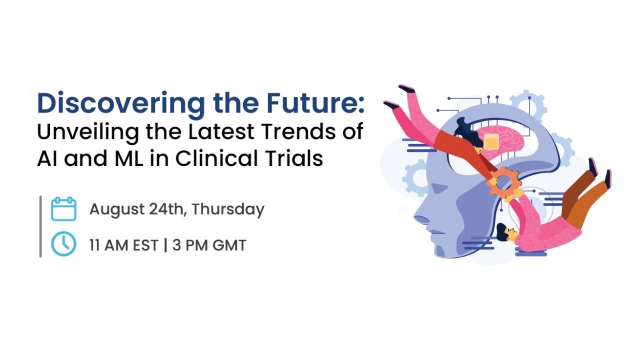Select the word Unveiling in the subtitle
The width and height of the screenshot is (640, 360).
[88, 132]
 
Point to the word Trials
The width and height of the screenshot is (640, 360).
[294, 158]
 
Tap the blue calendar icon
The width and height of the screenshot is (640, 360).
[63, 209]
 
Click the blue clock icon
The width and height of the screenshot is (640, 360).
[63, 243]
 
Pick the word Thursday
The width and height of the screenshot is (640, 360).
[228, 209]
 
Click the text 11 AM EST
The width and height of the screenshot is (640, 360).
[123, 245]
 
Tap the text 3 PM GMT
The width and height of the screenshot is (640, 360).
[209, 245]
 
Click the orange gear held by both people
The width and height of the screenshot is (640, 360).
[503, 182]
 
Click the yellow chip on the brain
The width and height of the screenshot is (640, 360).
[491, 142]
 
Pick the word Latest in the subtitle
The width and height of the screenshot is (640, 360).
[221, 131]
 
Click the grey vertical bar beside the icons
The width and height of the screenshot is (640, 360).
[40, 226]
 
